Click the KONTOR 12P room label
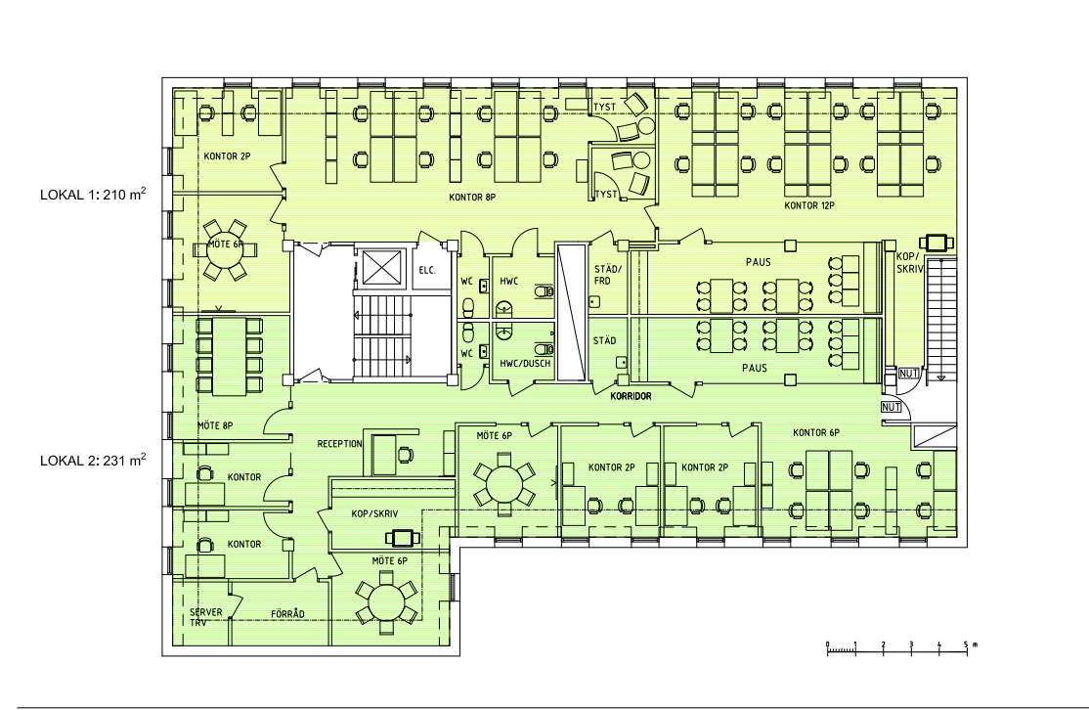tap(809, 205)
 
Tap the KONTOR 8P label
tap(472, 198)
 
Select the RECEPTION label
tap(339, 444)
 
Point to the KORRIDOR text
tap(631, 396)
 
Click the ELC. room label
tap(427, 270)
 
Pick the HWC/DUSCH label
tap(525, 364)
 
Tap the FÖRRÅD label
tap(287, 614)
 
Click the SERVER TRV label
tap(205, 618)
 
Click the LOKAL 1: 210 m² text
tap(93, 194)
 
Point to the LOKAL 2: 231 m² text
tap(93, 460)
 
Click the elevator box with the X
tap(382, 267)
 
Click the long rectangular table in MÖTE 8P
tap(230, 356)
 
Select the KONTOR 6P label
tap(816, 433)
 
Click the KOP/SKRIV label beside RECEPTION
tap(374, 514)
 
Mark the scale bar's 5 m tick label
tap(966, 644)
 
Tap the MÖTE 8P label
tap(215, 425)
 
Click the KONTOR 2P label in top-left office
tap(227, 156)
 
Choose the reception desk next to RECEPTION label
tap(384, 455)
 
